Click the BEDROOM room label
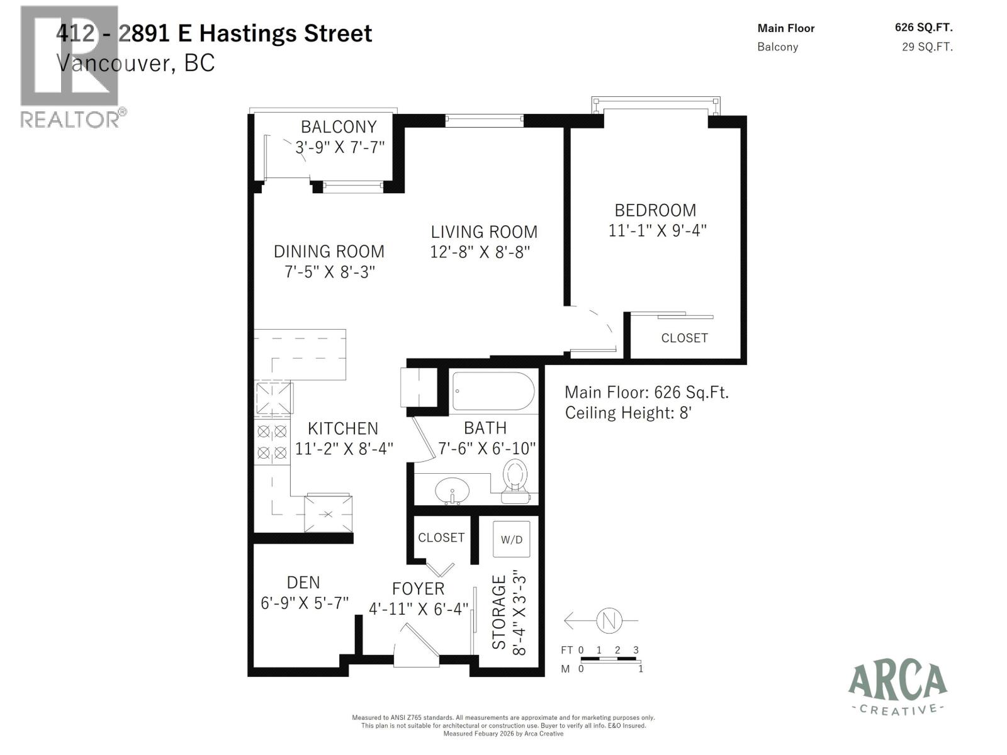[655, 210]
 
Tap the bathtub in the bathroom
[493, 391]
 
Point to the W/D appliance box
[511, 539]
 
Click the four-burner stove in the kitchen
[272, 442]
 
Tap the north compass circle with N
[609, 620]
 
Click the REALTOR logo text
[70, 119]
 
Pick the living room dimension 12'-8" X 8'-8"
[480, 252]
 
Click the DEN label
[303, 583]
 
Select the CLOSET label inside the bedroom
[684, 338]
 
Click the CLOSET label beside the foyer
[441, 537]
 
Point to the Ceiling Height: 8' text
[628, 413]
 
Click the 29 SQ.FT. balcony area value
[927, 47]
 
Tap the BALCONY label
[339, 126]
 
